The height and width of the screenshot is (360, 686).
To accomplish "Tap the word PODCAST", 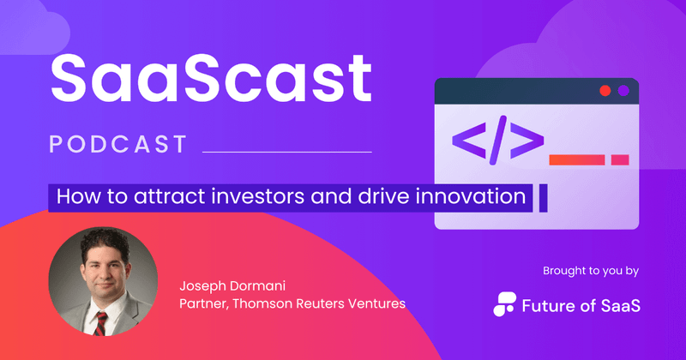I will [x=118, y=144].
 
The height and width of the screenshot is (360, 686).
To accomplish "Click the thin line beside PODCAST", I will [x=286, y=152].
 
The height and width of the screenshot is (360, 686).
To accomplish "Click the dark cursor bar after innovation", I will [x=541, y=196].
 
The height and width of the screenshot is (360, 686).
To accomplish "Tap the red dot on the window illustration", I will [x=605, y=90].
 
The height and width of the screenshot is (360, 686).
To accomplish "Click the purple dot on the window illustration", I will [x=623, y=90].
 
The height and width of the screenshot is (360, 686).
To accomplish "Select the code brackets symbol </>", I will [x=497, y=140].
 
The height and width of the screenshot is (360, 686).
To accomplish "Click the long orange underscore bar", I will [x=576, y=159].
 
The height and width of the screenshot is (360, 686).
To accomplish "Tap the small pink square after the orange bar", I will [x=620, y=159].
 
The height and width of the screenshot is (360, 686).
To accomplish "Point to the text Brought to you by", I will [x=591, y=271].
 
